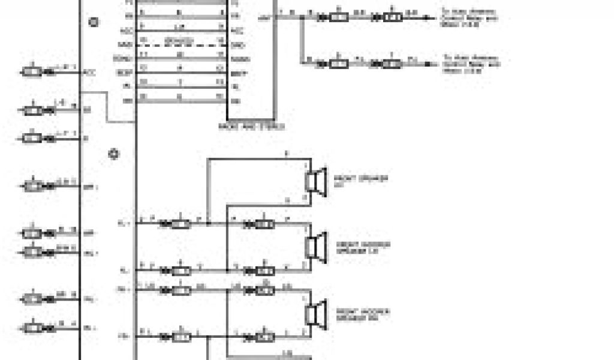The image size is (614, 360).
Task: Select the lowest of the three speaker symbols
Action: pyautogui.click(x=315, y=313)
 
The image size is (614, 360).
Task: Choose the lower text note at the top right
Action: pyautogui.click(x=471, y=63)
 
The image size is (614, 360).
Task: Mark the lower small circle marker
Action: pyautogui.click(x=113, y=154)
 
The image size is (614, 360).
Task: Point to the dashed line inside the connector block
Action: pyautogui.click(x=180, y=45)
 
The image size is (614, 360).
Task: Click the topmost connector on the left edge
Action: pyautogui.click(x=34, y=72)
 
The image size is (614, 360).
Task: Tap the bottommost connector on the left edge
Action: pyautogui.click(x=34, y=328)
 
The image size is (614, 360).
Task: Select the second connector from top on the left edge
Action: pyautogui.click(x=34, y=110)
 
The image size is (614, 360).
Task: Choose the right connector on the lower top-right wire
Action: pyautogui.click(x=392, y=63)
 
